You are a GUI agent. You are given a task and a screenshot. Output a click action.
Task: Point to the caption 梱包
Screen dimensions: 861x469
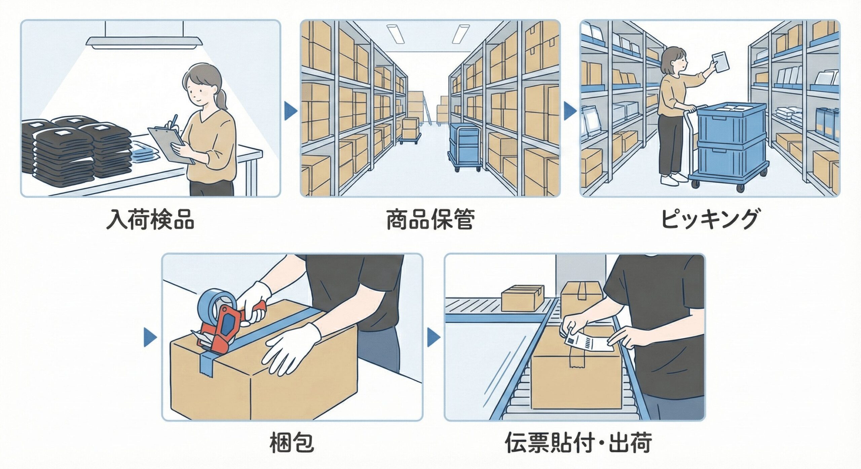(x=292, y=442)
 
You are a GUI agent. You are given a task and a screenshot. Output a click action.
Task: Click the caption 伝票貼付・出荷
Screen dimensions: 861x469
(x=578, y=442)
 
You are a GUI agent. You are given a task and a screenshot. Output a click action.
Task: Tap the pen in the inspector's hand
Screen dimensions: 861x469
(x=173, y=121)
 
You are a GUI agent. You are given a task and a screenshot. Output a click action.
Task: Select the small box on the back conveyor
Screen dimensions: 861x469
(x=523, y=298)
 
